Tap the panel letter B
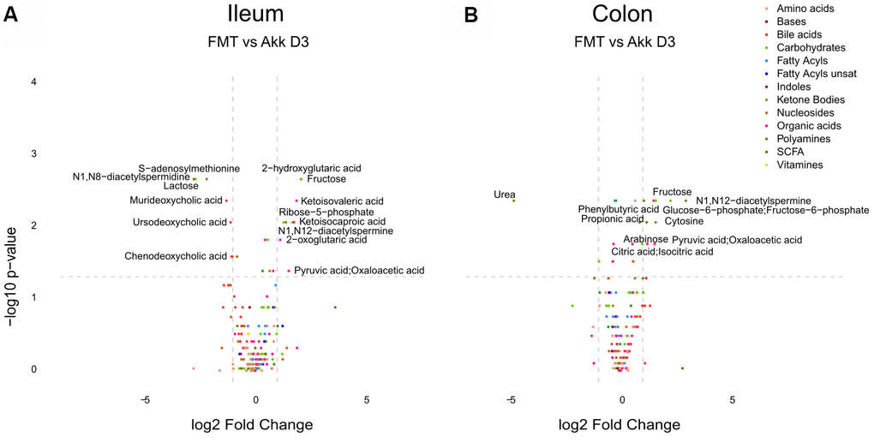[470, 15]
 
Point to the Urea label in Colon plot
[505, 195]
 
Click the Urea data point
[513, 201]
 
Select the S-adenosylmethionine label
[189, 169]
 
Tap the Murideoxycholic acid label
[175, 201]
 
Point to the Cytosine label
[684, 221]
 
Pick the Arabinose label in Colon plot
[645, 239]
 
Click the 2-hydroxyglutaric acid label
[311, 169]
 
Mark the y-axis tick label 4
[34, 82]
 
